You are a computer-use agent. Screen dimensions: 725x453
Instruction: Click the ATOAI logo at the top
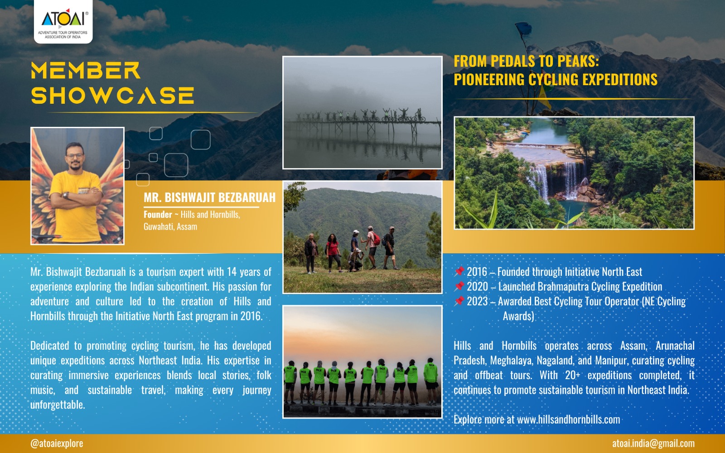tap(63, 21)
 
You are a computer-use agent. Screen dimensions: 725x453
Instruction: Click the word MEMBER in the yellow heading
tap(86, 71)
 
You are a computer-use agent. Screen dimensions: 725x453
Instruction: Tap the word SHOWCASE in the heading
tap(112, 96)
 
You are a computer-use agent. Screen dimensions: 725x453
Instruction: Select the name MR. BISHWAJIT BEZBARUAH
tap(210, 198)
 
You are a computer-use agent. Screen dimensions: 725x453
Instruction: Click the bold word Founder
tap(158, 215)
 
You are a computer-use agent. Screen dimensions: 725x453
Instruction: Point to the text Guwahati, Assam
tap(170, 226)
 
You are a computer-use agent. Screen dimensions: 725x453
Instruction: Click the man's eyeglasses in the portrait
tap(75, 156)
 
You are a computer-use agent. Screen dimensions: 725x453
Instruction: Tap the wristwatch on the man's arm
tap(66, 195)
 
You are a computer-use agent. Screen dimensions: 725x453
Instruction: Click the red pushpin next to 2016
tap(459, 272)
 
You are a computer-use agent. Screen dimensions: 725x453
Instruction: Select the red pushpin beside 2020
tap(459, 286)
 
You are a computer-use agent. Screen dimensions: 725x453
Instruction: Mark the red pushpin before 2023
tap(459, 301)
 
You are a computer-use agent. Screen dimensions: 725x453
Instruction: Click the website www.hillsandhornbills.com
tap(569, 419)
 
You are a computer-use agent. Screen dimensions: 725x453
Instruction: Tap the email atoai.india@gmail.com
tap(653, 443)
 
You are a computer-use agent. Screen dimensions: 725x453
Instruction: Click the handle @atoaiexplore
tap(57, 443)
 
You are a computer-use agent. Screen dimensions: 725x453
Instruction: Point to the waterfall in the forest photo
tap(557, 179)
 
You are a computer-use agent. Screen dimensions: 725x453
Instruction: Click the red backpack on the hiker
tap(376, 239)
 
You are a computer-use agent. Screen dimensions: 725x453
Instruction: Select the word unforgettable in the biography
tap(58, 405)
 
